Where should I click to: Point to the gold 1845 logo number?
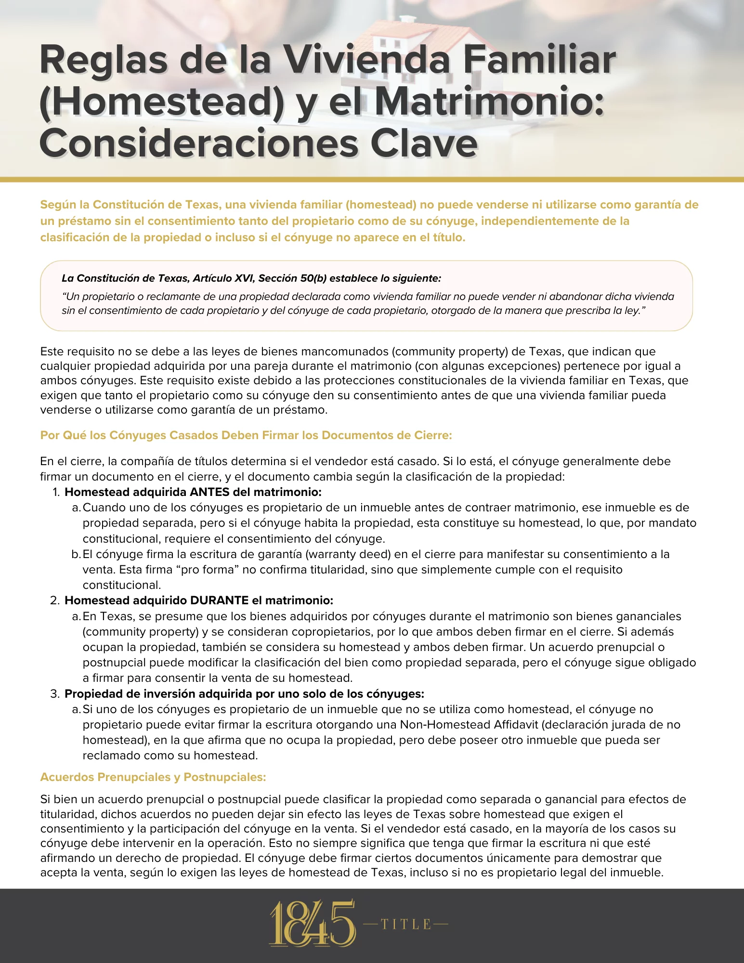(x=312, y=923)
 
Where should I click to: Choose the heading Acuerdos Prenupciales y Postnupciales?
(x=153, y=777)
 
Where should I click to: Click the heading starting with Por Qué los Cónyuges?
(x=246, y=435)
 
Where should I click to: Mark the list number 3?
(x=55, y=694)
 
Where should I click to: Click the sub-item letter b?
(x=76, y=554)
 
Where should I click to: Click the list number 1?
(x=55, y=492)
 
